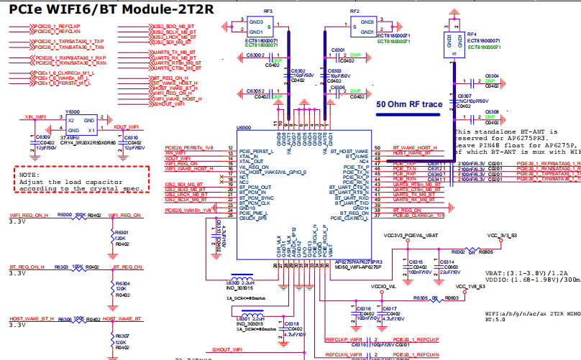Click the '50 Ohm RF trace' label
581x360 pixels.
coord(409,104)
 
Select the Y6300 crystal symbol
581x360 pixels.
coord(81,126)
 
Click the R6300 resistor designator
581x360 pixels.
coord(65,214)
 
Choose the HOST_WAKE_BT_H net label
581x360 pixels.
coord(31,318)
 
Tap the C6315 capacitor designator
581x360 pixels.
coord(415,262)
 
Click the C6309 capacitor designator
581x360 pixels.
coord(42,137)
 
